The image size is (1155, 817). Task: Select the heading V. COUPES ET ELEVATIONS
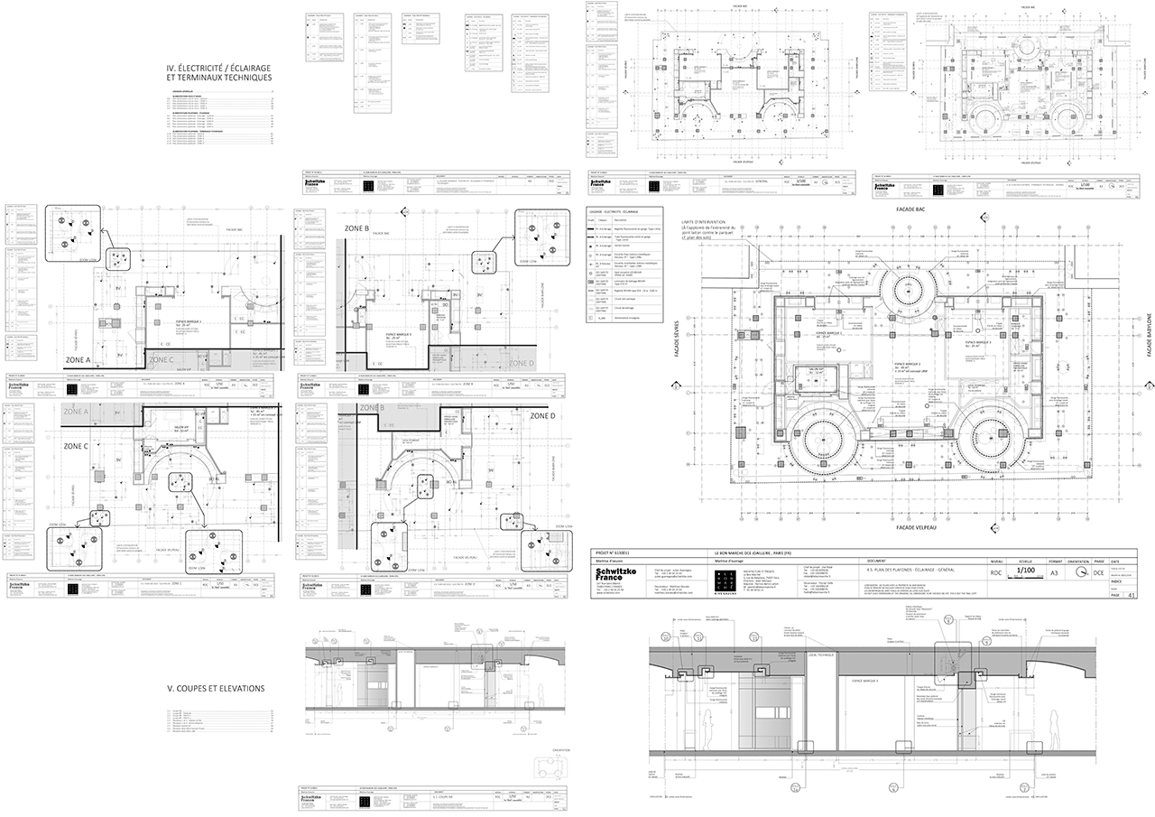pyautogui.click(x=216, y=688)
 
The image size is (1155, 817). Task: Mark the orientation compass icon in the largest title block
pyautogui.click(x=1083, y=572)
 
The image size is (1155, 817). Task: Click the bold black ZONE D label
pyautogui.click(x=544, y=416)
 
